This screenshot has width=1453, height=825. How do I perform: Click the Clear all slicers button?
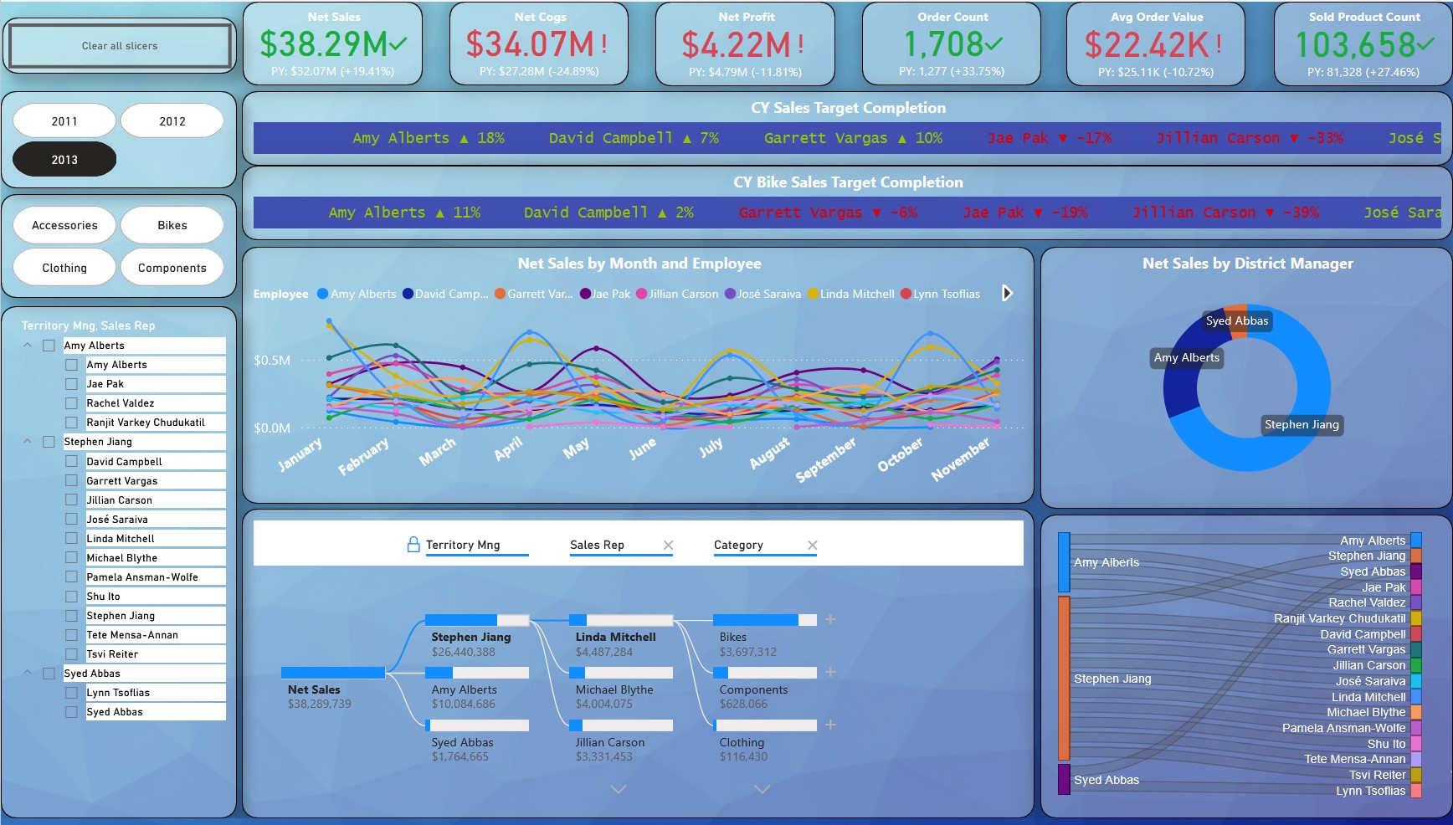[120, 46]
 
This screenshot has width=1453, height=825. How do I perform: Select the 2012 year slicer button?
[172, 121]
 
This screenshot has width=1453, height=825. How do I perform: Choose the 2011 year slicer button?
[64, 121]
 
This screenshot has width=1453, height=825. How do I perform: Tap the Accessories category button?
[64, 225]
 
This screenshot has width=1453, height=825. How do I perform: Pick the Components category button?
[172, 268]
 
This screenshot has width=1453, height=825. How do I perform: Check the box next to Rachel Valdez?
[72, 403]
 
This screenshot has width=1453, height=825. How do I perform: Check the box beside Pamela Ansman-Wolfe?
[72, 577]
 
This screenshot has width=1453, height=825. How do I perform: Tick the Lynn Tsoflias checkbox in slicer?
[72, 693]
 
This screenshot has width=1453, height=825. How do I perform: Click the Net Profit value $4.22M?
[737, 45]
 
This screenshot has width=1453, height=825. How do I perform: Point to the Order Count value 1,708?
[943, 45]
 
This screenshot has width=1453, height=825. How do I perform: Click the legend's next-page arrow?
[1008, 294]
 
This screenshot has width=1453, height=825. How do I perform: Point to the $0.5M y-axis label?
[272, 361]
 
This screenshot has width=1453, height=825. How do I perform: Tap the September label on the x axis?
[826, 459]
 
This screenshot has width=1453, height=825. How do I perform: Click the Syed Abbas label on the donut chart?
[1237, 321]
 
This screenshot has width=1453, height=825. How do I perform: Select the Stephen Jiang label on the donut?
[1302, 425]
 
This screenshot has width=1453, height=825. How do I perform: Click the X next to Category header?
[812, 546]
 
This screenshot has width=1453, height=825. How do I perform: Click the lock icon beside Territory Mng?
[413, 545]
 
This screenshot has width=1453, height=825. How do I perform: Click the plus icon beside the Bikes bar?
[830, 620]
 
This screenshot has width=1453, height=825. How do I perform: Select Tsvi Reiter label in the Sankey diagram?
[1377, 775]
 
